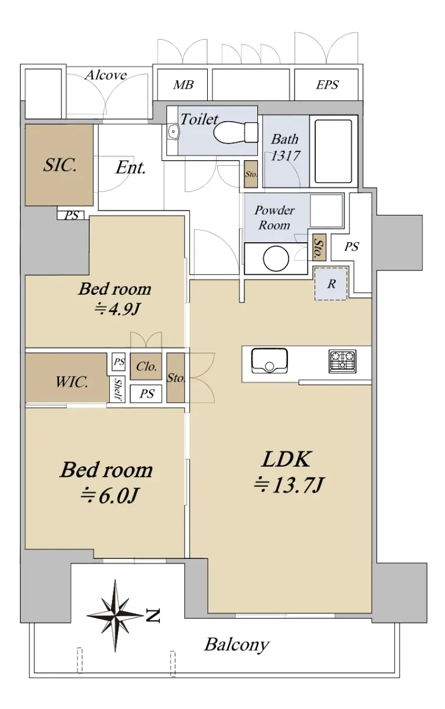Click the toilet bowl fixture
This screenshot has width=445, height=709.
pyautogui.click(x=235, y=132)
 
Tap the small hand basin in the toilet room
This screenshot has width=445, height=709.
pyautogui.click(x=174, y=131)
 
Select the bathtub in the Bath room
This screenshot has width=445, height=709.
pyautogui.click(x=333, y=151)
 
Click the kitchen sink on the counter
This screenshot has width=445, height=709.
pyautogui.click(x=270, y=361)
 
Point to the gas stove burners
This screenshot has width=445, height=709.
pyautogui.click(x=342, y=361)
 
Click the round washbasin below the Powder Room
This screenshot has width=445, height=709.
pyautogui.click(x=276, y=259)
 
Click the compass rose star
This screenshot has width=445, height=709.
pyautogui.click(x=115, y=616)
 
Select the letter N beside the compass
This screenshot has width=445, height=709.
pyautogui.click(x=153, y=615)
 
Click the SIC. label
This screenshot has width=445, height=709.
pyautogui.click(x=60, y=165)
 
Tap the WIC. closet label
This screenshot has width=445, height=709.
pyautogui.click(x=71, y=382)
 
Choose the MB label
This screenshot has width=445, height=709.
pyautogui.click(x=183, y=85)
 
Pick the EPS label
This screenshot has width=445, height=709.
pyautogui.click(x=328, y=84)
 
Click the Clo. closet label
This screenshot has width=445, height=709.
pyautogui.click(x=146, y=366)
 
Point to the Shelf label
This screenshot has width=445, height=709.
pyautogui.click(x=117, y=389)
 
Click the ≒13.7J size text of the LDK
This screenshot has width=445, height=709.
pyautogui.click(x=289, y=485)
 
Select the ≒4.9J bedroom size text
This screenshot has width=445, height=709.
pyautogui.click(x=117, y=309)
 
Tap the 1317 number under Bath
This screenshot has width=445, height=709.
pyautogui.click(x=286, y=155)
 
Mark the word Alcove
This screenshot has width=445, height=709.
pyautogui.click(x=106, y=75)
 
